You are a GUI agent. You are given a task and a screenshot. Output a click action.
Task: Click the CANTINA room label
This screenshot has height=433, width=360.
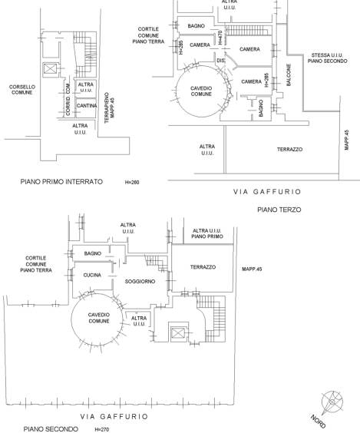point(87,106)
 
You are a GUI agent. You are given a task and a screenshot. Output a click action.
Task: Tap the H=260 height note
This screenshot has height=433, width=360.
point(132,182)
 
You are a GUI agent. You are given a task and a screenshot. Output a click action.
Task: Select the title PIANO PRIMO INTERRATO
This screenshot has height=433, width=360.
point(61,182)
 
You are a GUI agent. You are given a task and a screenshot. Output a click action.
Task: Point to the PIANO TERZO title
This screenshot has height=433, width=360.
point(279,210)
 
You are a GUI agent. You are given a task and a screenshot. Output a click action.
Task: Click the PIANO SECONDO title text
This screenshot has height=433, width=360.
point(51,429)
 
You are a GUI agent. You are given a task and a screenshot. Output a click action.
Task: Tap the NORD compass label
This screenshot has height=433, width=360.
point(319,421)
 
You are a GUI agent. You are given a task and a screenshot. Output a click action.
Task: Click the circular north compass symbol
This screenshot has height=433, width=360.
point(332,402)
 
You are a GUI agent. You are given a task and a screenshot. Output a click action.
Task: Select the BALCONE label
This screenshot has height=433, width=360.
point(289,75)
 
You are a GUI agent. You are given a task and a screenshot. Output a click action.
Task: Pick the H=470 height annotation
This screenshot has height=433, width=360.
point(220,38)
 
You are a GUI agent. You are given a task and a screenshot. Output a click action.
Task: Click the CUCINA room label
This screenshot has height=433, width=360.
point(92,275)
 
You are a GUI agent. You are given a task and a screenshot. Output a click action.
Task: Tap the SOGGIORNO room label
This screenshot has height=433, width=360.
point(140,282)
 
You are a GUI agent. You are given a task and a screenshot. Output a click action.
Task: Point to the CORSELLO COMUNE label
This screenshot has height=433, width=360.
point(22,90)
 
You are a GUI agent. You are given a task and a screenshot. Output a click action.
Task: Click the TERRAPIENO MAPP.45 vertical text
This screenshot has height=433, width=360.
point(109,107)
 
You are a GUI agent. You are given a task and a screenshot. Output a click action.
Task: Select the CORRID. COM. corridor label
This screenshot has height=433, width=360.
point(68,99)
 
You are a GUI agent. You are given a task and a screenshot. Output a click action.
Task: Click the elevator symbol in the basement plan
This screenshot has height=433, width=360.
point(50,69)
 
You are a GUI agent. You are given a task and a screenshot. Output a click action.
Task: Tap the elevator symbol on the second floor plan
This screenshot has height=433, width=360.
point(177,333)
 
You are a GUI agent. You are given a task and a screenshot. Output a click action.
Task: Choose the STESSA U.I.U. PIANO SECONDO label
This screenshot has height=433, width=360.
point(328,58)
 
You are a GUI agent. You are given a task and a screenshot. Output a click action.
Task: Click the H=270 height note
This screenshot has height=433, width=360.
point(102,429)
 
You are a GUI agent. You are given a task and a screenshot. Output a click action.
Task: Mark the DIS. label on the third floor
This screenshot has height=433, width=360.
point(221,61)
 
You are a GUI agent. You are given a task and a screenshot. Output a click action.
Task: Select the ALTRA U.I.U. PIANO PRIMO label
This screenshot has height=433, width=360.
point(207,233)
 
